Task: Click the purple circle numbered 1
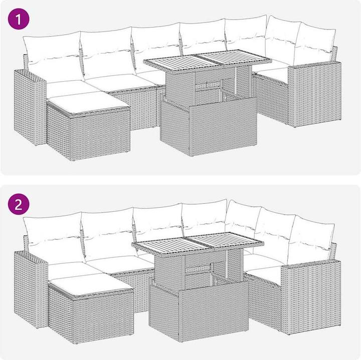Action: tap(19, 19)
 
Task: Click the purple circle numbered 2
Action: tap(19, 204)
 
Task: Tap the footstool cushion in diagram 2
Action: tap(91, 284)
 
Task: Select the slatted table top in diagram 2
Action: tap(198, 243)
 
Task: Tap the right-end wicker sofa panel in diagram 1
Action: tap(315, 94)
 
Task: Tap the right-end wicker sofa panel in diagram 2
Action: tap(311, 296)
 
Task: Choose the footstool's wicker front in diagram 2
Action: tap(103, 317)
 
